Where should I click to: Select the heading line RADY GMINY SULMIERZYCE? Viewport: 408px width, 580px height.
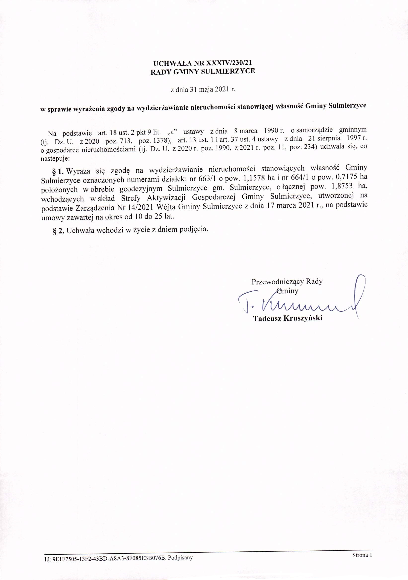click(x=203, y=72)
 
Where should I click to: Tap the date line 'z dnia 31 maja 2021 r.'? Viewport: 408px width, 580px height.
click(x=203, y=89)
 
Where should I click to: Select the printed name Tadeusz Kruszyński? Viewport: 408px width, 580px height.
click(x=288, y=318)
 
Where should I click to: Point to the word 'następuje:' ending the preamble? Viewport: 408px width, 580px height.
click(x=54, y=159)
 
